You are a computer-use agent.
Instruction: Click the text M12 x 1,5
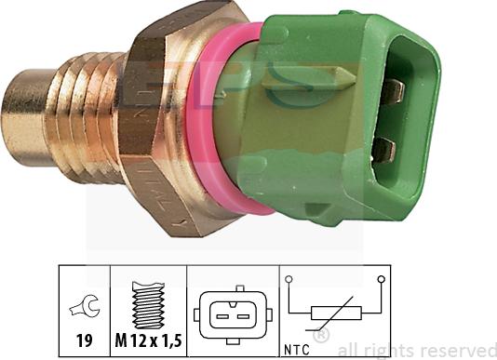tap(149, 340)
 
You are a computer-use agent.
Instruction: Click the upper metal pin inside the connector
tap(393, 90)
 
